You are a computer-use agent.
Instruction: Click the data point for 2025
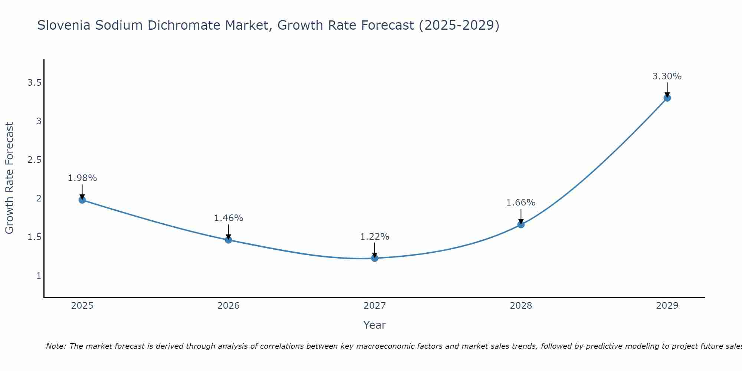(82, 200)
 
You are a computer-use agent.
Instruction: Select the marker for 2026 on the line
(228, 240)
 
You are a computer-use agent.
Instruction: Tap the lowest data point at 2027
(375, 258)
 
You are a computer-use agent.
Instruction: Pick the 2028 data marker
(521, 224)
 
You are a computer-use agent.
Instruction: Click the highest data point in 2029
(667, 98)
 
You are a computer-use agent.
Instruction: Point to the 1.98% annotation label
(82, 178)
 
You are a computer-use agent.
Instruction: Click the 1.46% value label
(228, 218)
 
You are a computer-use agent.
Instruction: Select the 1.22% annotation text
(375, 237)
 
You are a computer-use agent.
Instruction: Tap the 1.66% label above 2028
(521, 203)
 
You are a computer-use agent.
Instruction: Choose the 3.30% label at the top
(667, 76)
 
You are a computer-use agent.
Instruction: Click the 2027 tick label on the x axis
(375, 306)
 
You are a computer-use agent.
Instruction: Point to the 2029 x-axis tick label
(667, 306)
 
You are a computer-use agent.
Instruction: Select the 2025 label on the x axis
(82, 306)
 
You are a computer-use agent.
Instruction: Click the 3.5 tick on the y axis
(34, 83)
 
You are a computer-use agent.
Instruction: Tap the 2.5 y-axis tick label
(34, 160)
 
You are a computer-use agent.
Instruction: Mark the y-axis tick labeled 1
(39, 276)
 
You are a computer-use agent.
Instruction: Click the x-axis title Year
(375, 325)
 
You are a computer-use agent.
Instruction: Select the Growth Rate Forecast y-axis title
(10, 178)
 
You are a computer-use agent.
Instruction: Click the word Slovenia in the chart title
(64, 25)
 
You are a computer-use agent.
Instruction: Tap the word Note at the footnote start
(56, 346)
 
